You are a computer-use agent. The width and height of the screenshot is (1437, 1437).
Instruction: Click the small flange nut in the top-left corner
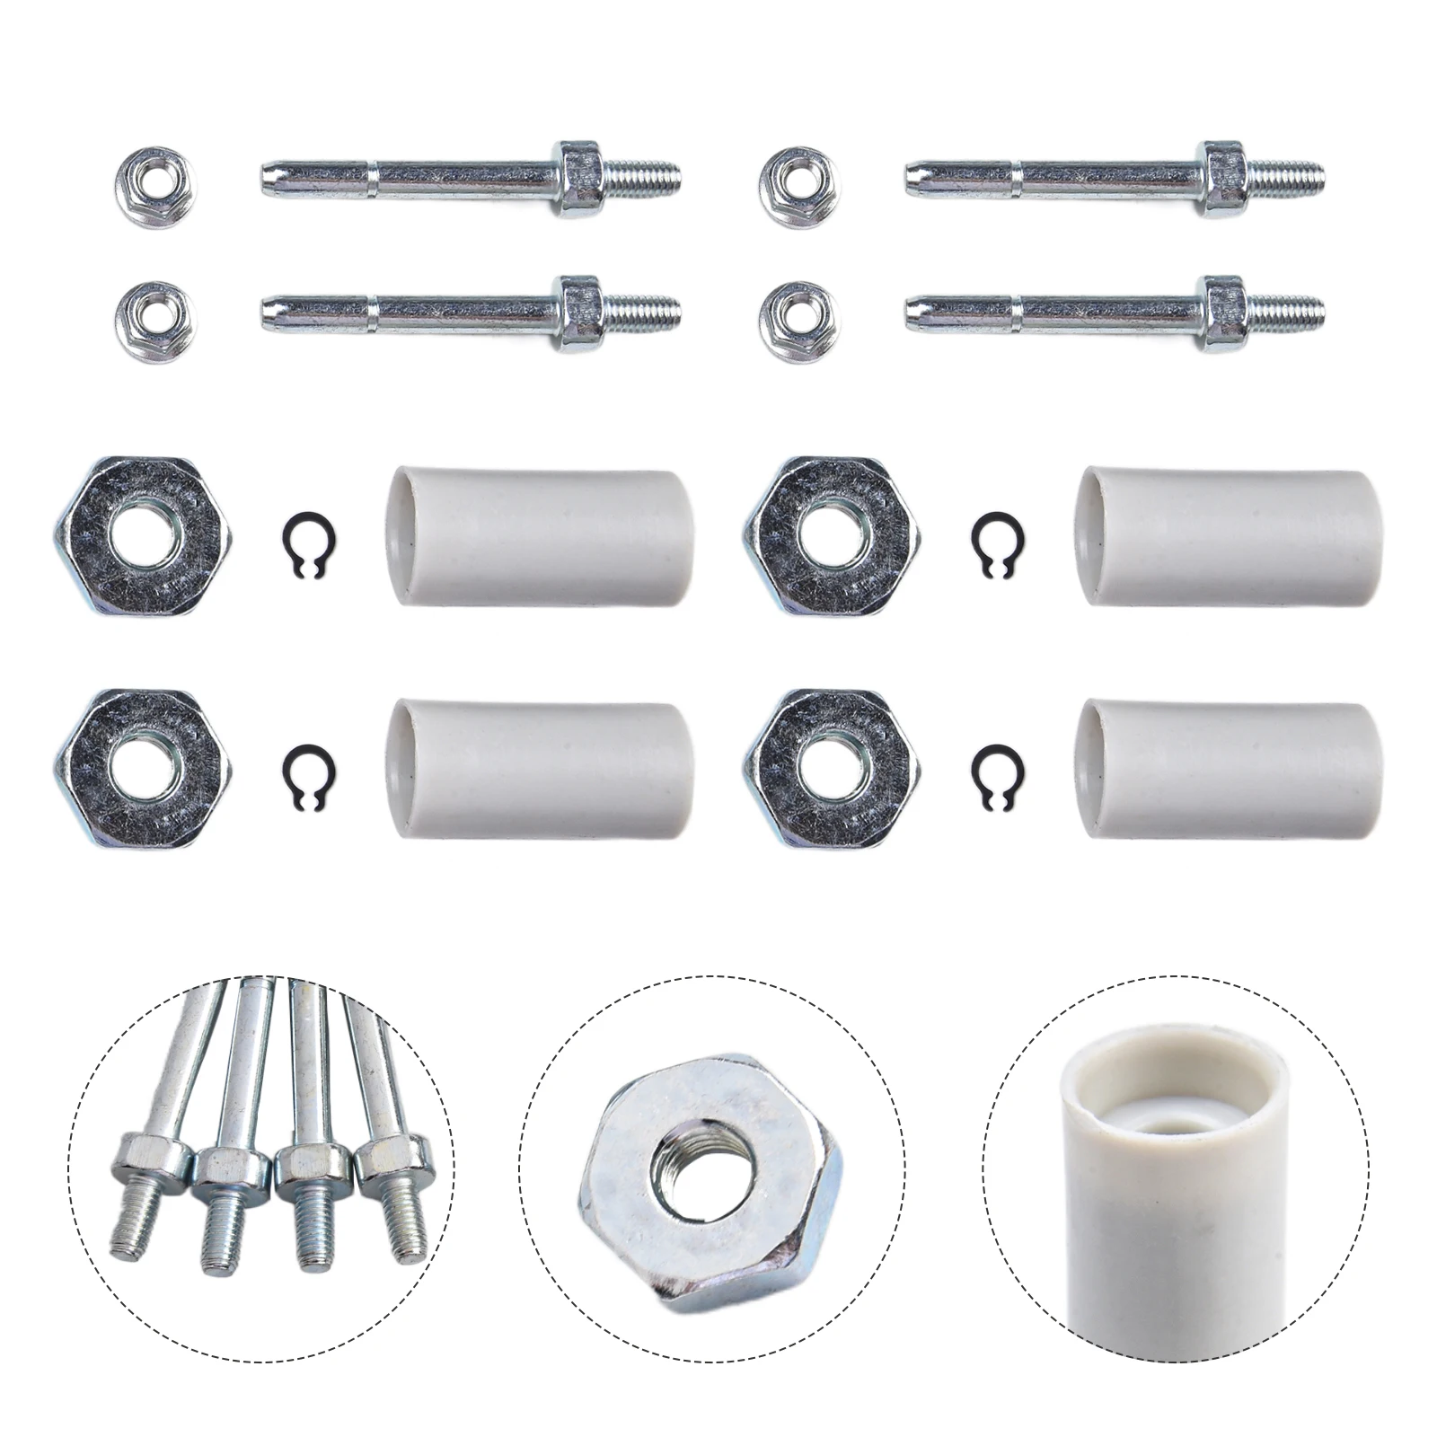coord(156,187)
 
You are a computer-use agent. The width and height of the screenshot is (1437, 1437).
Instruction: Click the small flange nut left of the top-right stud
coord(799,187)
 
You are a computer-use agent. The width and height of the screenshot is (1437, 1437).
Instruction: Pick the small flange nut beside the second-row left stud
coord(156,322)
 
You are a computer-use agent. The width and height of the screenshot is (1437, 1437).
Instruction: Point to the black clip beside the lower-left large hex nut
coord(309,772)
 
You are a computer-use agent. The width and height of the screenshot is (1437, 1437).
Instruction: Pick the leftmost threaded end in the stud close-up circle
coord(139,1227)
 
